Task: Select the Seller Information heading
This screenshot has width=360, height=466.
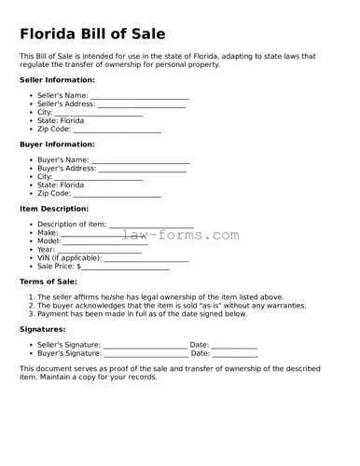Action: click(x=57, y=80)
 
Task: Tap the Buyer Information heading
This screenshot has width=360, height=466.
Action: click(x=57, y=144)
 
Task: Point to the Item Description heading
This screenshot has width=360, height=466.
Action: click(x=54, y=209)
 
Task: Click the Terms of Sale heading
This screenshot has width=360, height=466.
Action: click(x=48, y=281)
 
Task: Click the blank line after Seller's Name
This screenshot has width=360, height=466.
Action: click(x=140, y=97)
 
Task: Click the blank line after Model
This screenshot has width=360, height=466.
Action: click(x=104, y=242)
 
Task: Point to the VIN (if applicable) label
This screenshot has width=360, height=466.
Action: click(x=69, y=258)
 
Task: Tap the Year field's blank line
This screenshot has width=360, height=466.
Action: click(x=100, y=251)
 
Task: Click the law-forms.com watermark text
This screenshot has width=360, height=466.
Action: click(x=180, y=235)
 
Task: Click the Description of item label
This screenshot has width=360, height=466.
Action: click(x=72, y=226)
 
